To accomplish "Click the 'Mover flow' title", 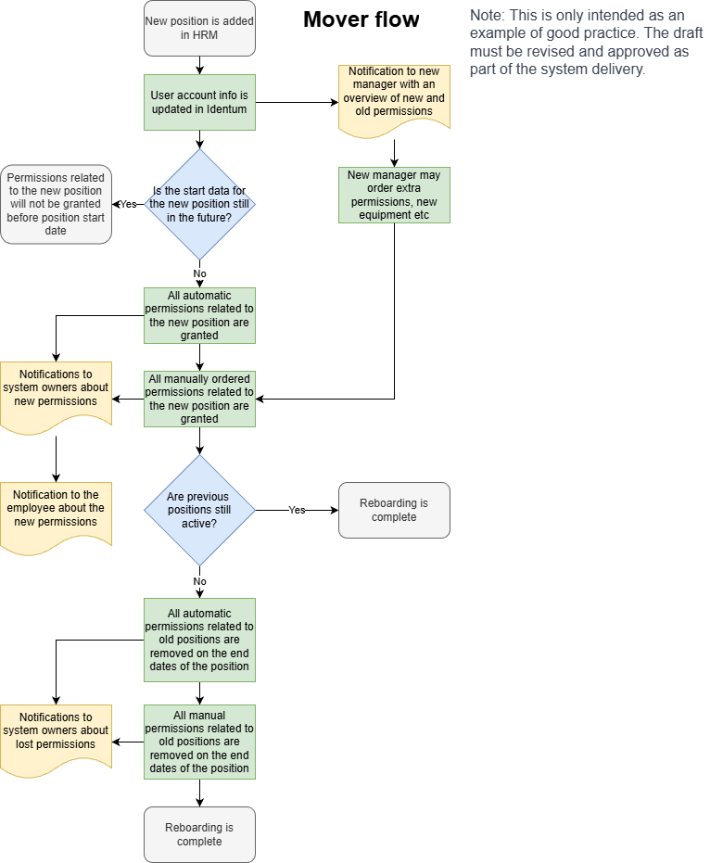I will (x=361, y=19).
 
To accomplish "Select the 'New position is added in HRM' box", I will (x=199, y=28).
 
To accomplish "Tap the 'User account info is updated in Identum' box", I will (x=199, y=102).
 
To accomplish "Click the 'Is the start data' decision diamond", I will (x=199, y=204).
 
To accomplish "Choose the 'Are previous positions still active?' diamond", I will (x=199, y=510).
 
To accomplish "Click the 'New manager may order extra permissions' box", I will (x=395, y=195).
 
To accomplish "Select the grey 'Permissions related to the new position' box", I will (x=56, y=204).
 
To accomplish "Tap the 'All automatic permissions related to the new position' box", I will (x=199, y=315).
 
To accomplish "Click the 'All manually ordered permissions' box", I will (x=199, y=399).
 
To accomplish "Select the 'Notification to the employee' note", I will (x=56, y=513).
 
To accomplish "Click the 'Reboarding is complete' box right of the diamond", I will (x=394, y=510).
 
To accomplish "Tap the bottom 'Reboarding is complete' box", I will (x=199, y=834).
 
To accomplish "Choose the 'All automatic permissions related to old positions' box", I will (x=199, y=640).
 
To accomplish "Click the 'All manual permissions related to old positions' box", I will (x=199, y=742).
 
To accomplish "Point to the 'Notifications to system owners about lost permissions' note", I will (x=56, y=735).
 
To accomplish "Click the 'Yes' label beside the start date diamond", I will (x=128, y=204).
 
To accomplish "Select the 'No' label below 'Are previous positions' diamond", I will (x=199, y=581).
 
